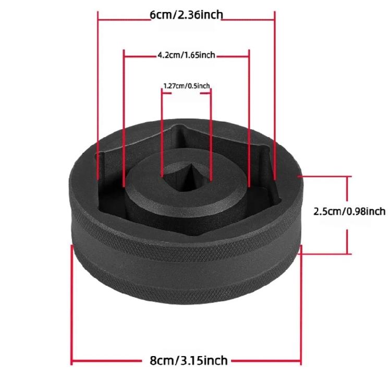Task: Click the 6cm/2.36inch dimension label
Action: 186,15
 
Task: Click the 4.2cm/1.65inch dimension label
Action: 186,54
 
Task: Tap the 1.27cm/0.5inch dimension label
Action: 186,85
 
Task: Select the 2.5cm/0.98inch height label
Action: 349,211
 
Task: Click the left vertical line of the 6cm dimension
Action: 98,94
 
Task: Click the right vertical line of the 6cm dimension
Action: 275,94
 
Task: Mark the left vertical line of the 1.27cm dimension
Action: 162,130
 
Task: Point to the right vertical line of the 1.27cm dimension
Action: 211,130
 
